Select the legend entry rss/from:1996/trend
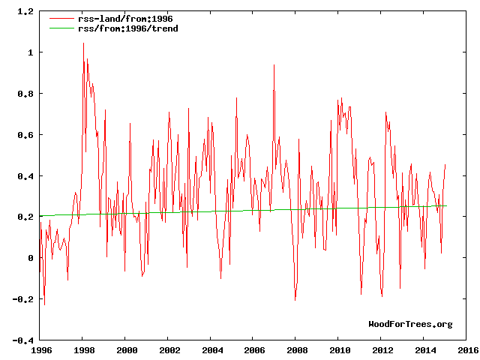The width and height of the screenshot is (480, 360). tap(124, 28)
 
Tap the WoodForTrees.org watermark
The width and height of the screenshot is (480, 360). tap(410, 324)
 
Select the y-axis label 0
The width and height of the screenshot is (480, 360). tap(30, 258)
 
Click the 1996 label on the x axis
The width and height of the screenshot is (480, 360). tap(40, 350)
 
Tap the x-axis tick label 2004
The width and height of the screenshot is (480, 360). tap(212, 350)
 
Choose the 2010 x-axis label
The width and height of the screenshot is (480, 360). tap(340, 350)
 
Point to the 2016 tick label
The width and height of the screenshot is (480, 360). tap(469, 350)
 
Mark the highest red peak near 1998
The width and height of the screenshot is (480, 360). tap(83, 43)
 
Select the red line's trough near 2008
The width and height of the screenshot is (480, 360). tap(295, 299)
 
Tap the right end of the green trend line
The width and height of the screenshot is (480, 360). tap(447, 205)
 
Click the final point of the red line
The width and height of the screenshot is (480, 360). tap(445, 165)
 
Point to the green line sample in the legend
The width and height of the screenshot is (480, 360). tap(61, 28)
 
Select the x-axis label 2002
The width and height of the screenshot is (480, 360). tap(169, 350)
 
